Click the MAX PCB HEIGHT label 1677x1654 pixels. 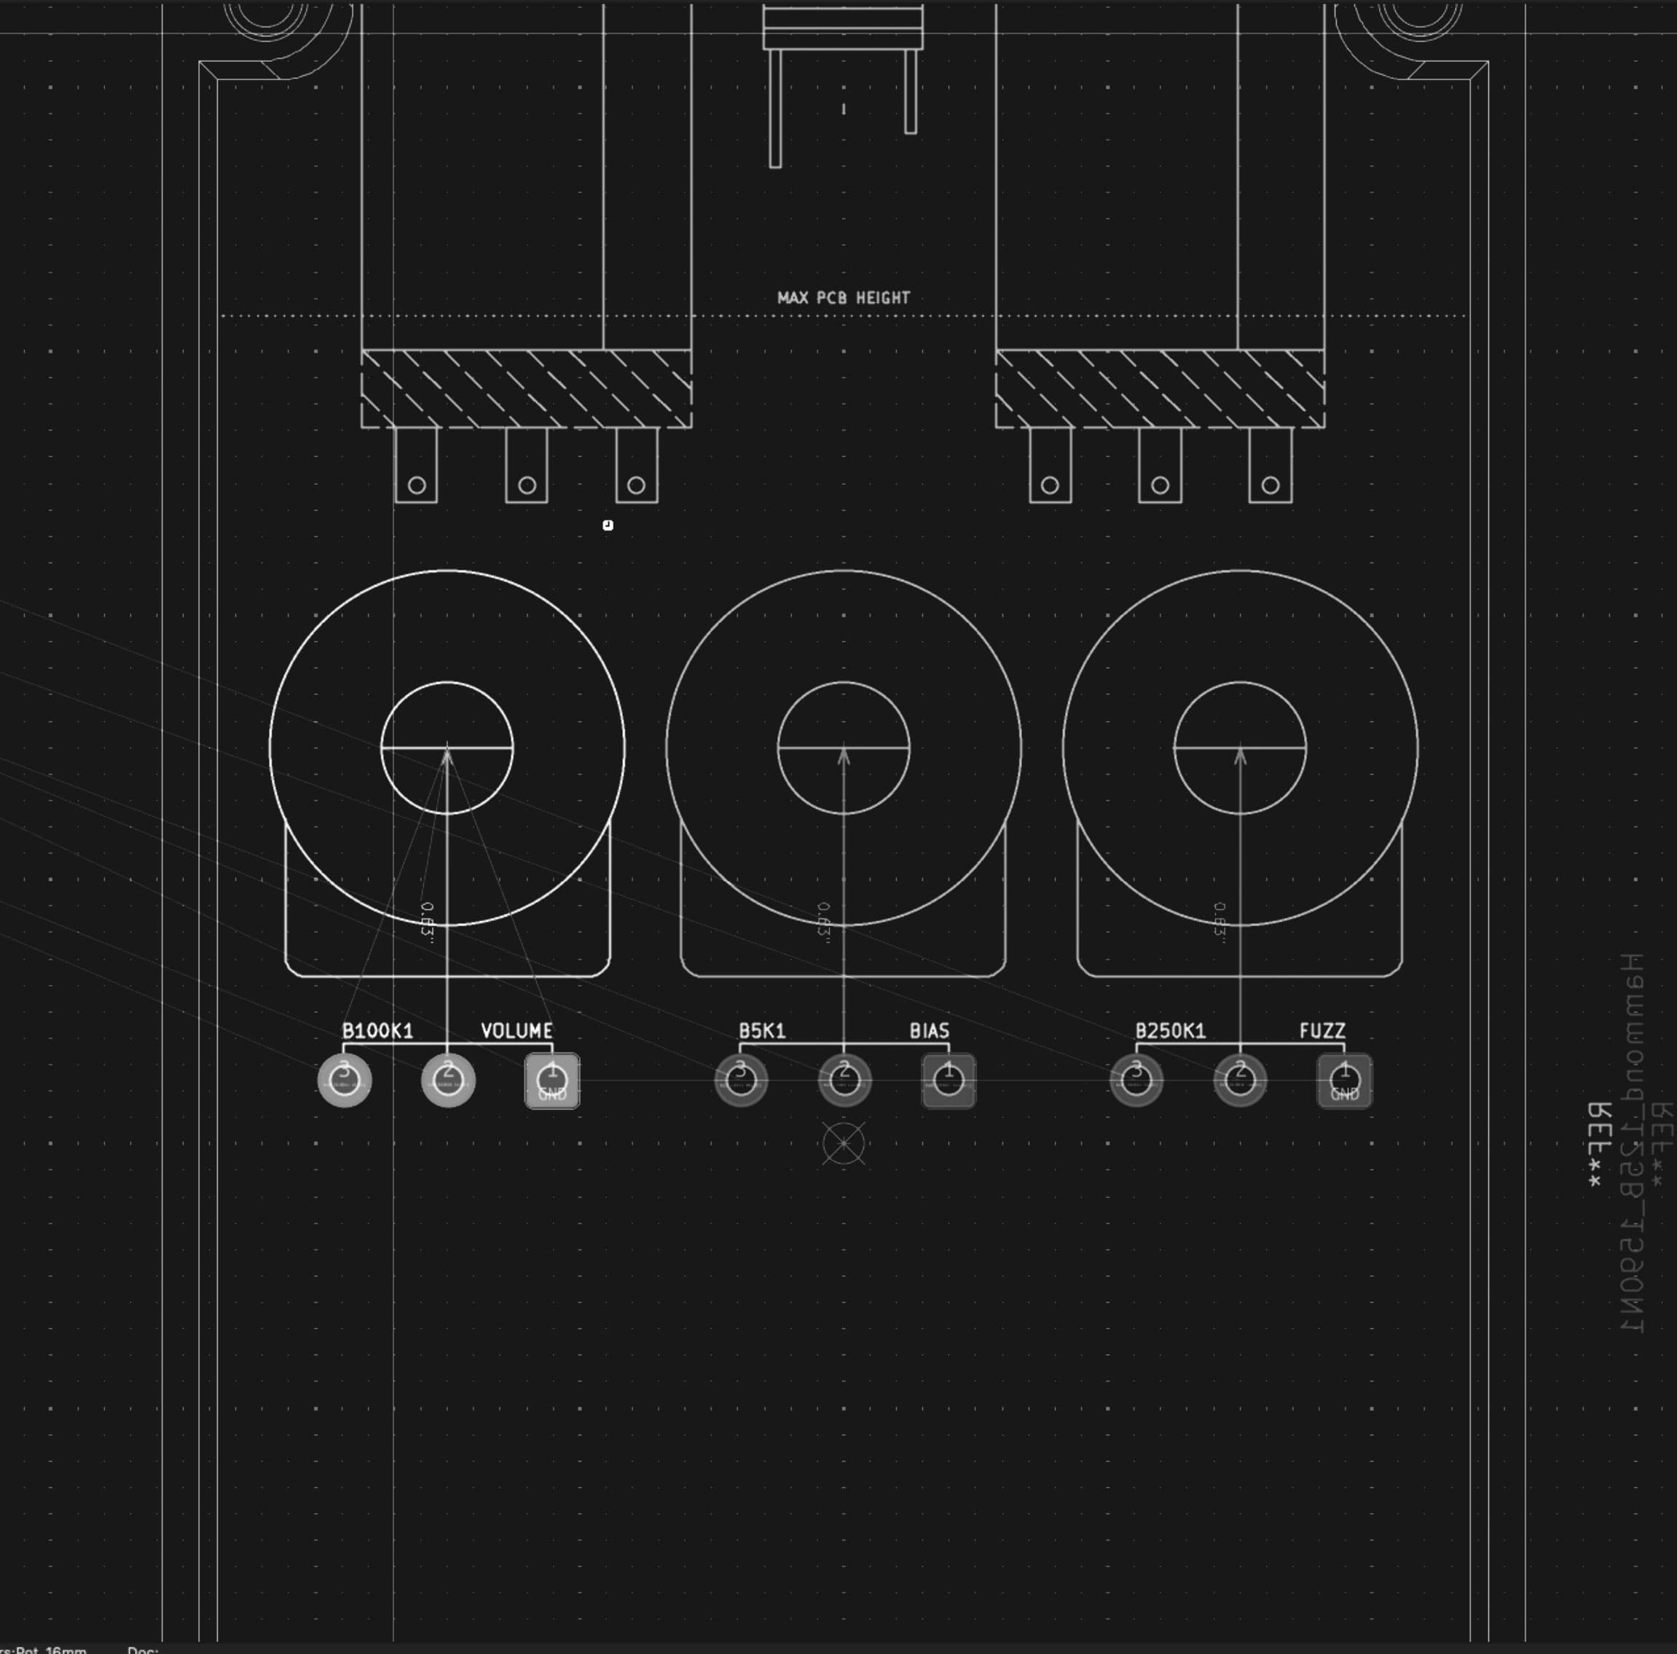[843, 298]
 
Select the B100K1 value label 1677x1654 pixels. [377, 1030]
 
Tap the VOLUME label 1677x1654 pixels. [517, 1030]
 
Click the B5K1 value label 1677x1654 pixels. [762, 1030]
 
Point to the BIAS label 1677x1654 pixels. [929, 1030]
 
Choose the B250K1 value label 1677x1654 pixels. [1170, 1030]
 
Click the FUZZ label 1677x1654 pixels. [1322, 1030]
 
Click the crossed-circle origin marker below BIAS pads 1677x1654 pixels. [844, 1143]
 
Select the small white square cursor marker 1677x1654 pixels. [608, 525]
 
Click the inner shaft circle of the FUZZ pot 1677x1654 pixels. [1239, 781]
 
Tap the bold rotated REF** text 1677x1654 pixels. [1598, 1146]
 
